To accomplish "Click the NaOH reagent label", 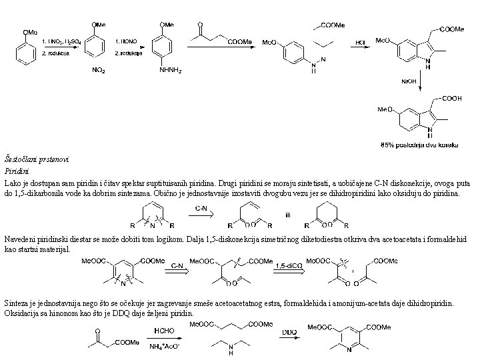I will pyautogui.click(x=409, y=81).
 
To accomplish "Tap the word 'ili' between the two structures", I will pyautogui.click(x=287, y=215).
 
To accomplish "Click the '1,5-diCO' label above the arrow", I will pyautogui.click(x=288, y=265).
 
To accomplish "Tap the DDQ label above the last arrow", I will pyautogui.click(x=289, y=331).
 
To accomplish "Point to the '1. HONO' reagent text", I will pyautogui.click(x=126, y=41).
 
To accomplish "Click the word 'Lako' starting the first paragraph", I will pyautogui.click(x=12, y=182).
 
